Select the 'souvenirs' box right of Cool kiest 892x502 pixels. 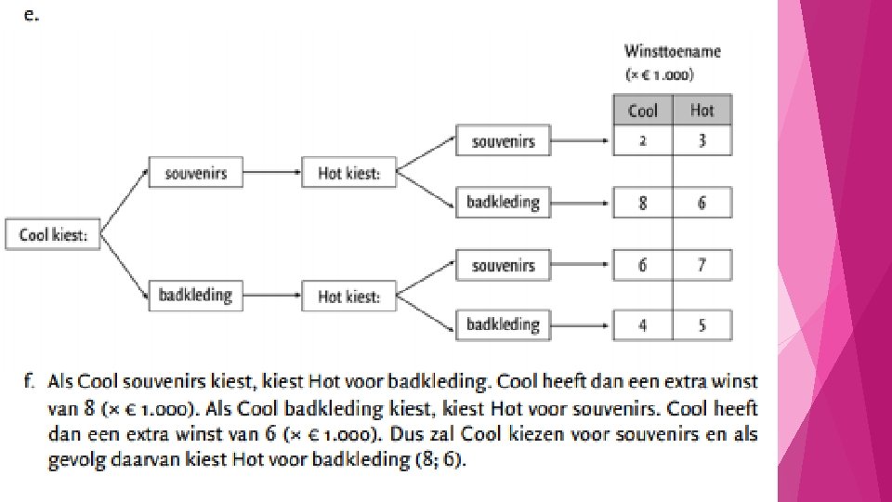coord(189,173)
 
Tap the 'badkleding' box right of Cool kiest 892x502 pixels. coord(195,296)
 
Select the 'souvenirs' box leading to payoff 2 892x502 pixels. coord(503,141)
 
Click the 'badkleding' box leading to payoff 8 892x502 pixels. coord(503,202)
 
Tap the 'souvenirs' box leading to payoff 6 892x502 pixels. coord(503,265)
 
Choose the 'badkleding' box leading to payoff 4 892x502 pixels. coord(503,324)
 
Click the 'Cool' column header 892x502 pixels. coord(642,111)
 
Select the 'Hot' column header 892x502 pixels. coord(702,111)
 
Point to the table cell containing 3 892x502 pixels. coord(702,141)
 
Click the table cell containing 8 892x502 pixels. coord(642,202)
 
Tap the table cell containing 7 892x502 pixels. coord(702,265)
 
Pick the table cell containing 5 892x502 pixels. coord(702,325)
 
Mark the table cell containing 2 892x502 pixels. coord(642,141)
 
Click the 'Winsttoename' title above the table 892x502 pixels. coord(673,52)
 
